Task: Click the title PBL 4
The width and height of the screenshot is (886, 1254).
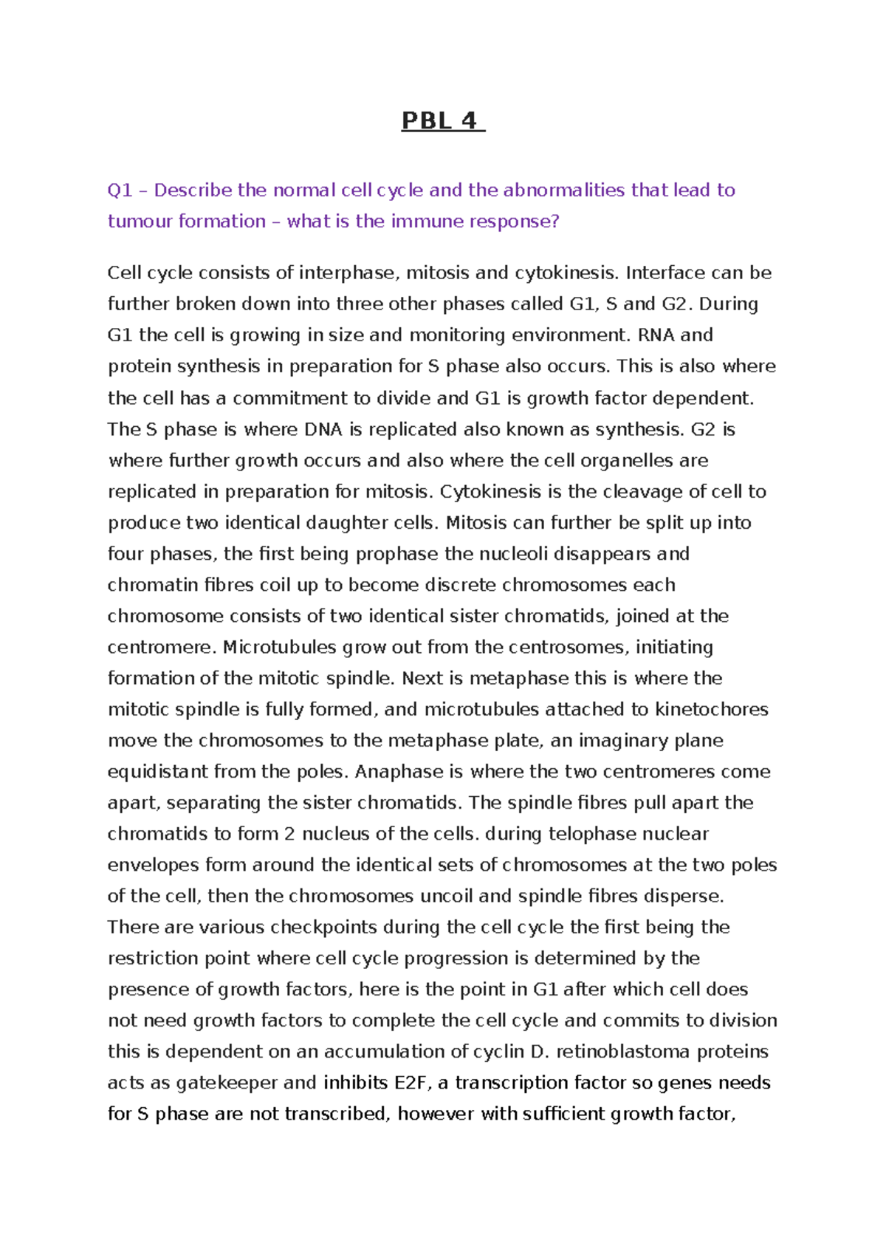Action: click(442, 120)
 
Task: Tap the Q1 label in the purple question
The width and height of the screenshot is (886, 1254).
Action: click(120, 191)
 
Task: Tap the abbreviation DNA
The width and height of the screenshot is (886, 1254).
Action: click(323, 430)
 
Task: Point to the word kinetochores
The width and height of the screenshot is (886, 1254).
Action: click(712, 710)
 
